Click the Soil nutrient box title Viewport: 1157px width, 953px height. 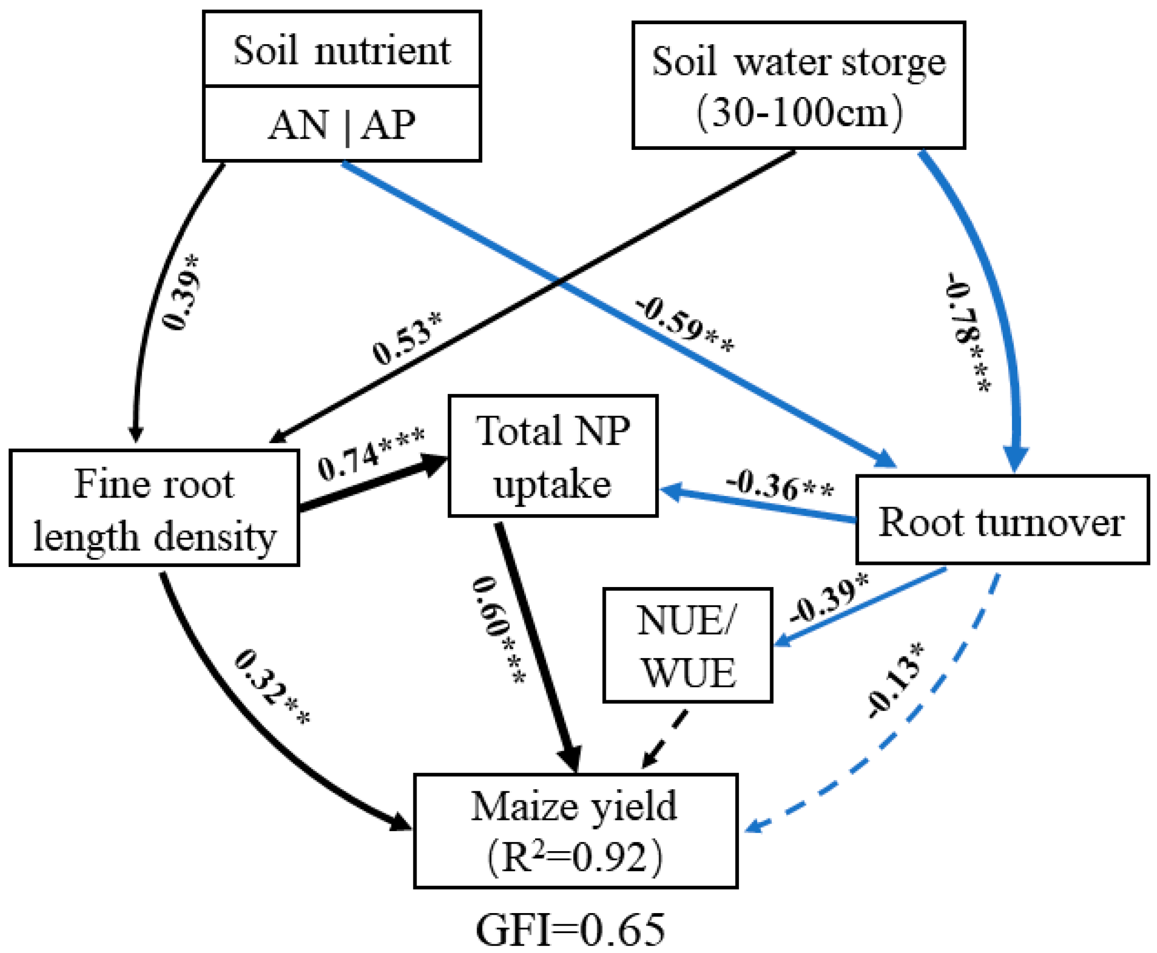tap(342, 51)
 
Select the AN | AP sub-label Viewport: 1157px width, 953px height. tap(342, 125)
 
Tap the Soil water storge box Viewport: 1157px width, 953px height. tap(798, 86)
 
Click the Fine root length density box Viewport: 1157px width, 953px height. tap(154, 508)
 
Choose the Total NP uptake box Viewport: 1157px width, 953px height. tap(552, 456)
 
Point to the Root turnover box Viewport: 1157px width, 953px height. tap(1002, 520)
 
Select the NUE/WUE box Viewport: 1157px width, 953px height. tap(688, 646)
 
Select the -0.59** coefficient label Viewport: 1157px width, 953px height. tap(684, 326)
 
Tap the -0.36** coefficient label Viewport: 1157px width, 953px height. tap(780, 484)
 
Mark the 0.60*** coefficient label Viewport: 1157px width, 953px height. tap(498, 630)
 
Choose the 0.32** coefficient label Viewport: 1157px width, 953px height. tap(272, 688)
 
